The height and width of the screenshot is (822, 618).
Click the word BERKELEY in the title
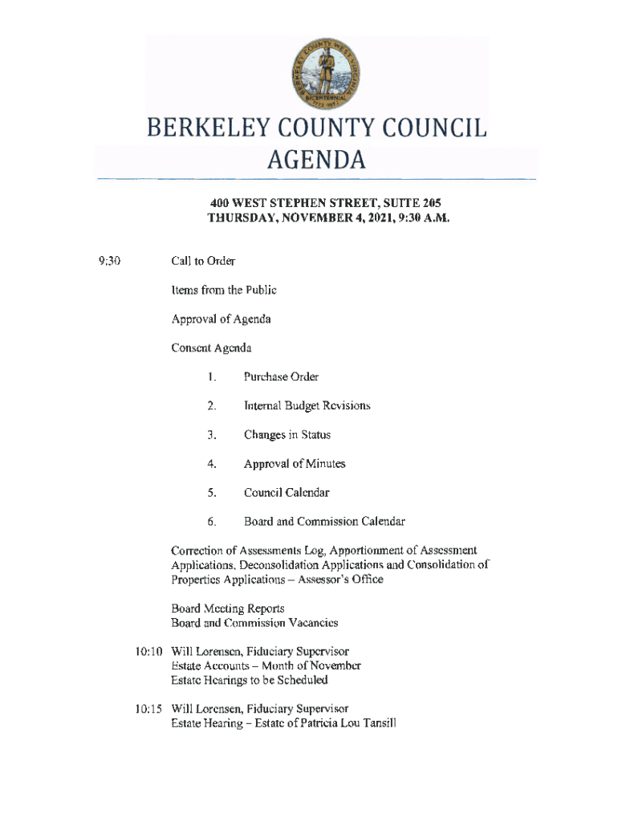pyautogui.click(x=210, y=129)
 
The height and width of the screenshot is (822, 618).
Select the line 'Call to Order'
pyautogui.click(x=203, y=261)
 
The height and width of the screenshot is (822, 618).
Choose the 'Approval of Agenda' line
pyautogui.click(x=221, y=319)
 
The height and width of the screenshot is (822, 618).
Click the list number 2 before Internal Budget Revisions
pyautogui.click(x=211, y=405)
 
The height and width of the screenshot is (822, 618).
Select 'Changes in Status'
pyautogui.click(x=287, y=434)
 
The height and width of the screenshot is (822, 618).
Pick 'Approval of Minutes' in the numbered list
pyautogui.click(x=295, y=463)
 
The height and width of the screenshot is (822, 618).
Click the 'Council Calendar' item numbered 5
pyautogui.click(x=287, y=492)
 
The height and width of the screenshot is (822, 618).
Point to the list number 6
pyautogui.click(x=211, y=522)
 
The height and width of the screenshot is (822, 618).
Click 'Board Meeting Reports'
pyautogui.click(x=228, y=608)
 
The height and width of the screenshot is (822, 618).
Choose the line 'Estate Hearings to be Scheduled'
pyautogui.click(x=250, y=680)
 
